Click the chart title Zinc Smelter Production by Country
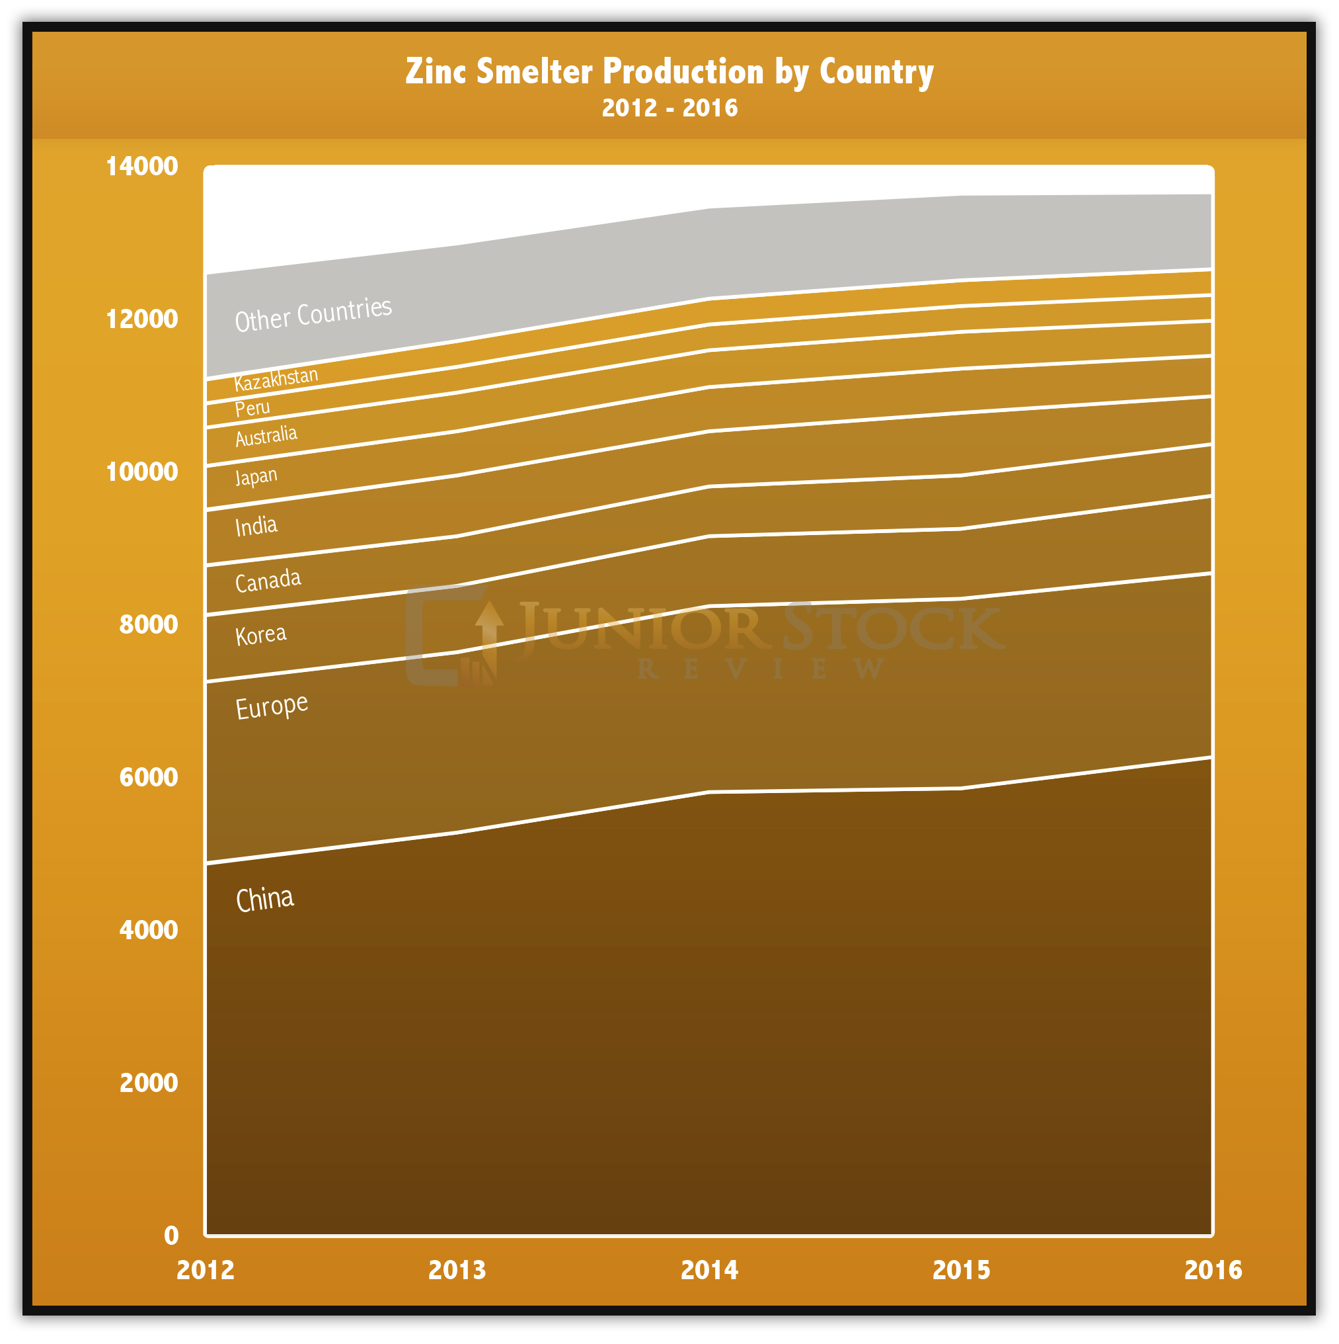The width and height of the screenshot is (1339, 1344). [669, 71]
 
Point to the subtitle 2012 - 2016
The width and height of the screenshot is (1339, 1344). [669, 108]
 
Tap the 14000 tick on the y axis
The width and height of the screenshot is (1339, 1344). [142, 166]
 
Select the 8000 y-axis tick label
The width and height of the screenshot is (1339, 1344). [148, 624]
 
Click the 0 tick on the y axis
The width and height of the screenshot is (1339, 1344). [171, 1236]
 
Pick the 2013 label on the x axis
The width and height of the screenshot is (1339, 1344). [457, 1271]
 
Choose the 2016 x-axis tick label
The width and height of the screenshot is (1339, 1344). [1213, 1271]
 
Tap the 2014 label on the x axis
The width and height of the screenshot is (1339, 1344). [708, 1271]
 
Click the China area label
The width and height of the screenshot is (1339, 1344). [265, 900]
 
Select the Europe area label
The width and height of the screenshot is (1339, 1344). [271, 707]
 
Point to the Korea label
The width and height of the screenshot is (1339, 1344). [260, 635]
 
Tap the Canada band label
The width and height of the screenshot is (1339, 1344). [268, 580]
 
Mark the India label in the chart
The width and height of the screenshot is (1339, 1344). [256, 526]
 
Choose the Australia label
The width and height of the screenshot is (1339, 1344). [266, 436]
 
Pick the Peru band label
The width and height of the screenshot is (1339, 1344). [252, 408]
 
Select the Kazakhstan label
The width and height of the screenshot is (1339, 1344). [276, 379]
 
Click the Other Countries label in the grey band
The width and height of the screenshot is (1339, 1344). [313, 314]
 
